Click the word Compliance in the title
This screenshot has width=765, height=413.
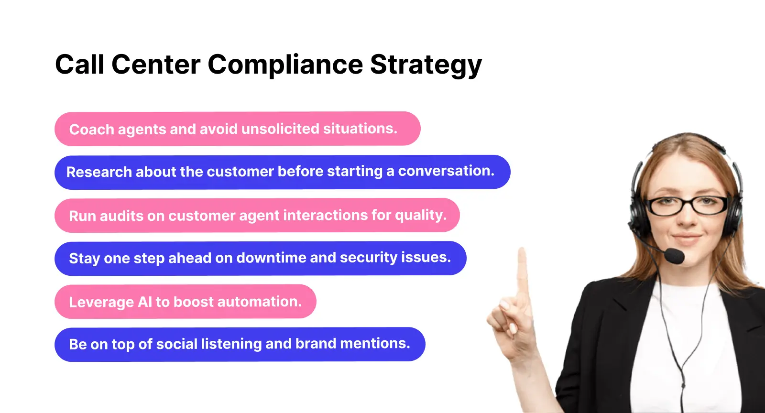(x=285, y=65)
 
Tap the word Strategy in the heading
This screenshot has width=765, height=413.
(x=426, y=65)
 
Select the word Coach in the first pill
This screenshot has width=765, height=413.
(x=91, y=129)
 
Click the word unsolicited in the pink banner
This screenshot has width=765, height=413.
(x=280, y=129)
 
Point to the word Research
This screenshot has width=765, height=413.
(x=98, y=172)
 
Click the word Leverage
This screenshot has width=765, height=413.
(x=101, y=302)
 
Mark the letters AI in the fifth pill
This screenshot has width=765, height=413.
(x=145, y=302)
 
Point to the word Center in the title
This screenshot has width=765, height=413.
(x=156, y=65)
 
